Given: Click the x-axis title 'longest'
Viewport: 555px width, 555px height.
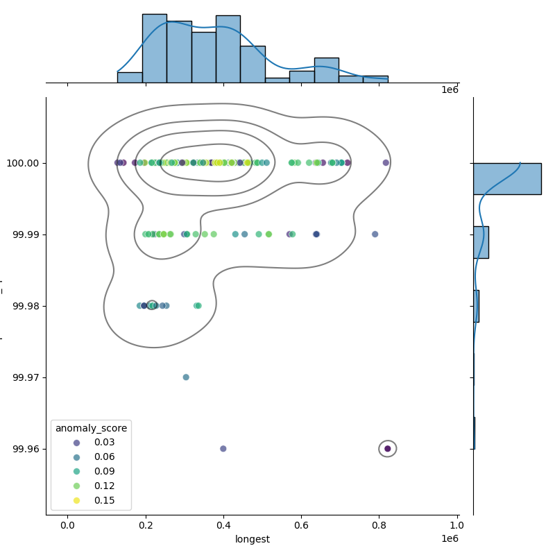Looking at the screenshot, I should click(x=252, y=539).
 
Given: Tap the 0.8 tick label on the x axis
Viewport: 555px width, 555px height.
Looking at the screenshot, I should click(x=379, y=525).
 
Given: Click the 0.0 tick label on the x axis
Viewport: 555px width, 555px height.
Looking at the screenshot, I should click(x=67, y=525).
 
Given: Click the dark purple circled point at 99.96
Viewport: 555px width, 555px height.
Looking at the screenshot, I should click(x=388, y=449).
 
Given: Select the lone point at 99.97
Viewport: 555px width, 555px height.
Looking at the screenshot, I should click(x=186, y=377).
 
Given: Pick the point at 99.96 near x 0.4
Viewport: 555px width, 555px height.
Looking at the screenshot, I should click(x=223, y=449).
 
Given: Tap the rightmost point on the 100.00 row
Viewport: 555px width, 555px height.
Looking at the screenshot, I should click(x=386, y=163).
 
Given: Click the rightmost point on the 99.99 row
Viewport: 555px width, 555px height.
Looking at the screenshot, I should click(x=375, y=234).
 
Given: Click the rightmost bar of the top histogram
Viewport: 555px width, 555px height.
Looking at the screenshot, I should click(x=375, y=79).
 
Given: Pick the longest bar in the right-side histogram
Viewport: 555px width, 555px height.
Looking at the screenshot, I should click(x=506, y=178).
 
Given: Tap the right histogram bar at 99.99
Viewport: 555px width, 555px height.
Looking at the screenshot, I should click(x=481, y=242).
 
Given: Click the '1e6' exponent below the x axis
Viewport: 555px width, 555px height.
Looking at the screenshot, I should click(x=450, y=539).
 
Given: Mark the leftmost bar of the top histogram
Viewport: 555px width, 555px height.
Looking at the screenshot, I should click(x=130, y=77).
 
